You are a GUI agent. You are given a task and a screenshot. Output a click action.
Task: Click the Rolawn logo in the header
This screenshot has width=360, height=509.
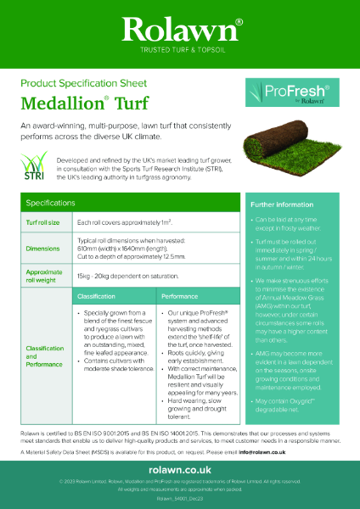click(179, 31)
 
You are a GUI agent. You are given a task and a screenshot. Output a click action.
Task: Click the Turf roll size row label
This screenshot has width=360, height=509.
click(42, 221)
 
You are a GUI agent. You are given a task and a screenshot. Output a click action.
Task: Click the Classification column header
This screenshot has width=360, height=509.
click(96, 298)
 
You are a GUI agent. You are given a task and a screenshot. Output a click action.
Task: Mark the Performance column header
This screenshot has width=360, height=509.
click(180, 298)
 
